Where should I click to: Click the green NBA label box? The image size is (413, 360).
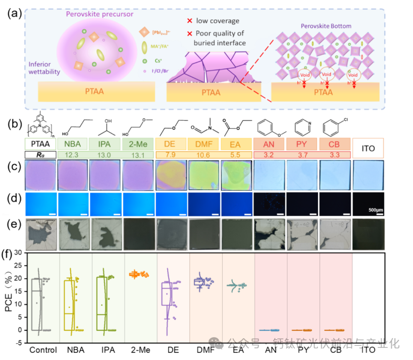coord(74,143)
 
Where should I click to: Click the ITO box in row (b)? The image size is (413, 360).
coord(368,148)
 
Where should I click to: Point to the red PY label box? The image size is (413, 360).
coord(302,143)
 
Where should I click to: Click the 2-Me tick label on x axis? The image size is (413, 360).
coord(137,349)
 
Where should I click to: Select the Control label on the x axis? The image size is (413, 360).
coord(42,349)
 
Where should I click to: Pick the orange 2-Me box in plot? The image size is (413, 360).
coord(137,274)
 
